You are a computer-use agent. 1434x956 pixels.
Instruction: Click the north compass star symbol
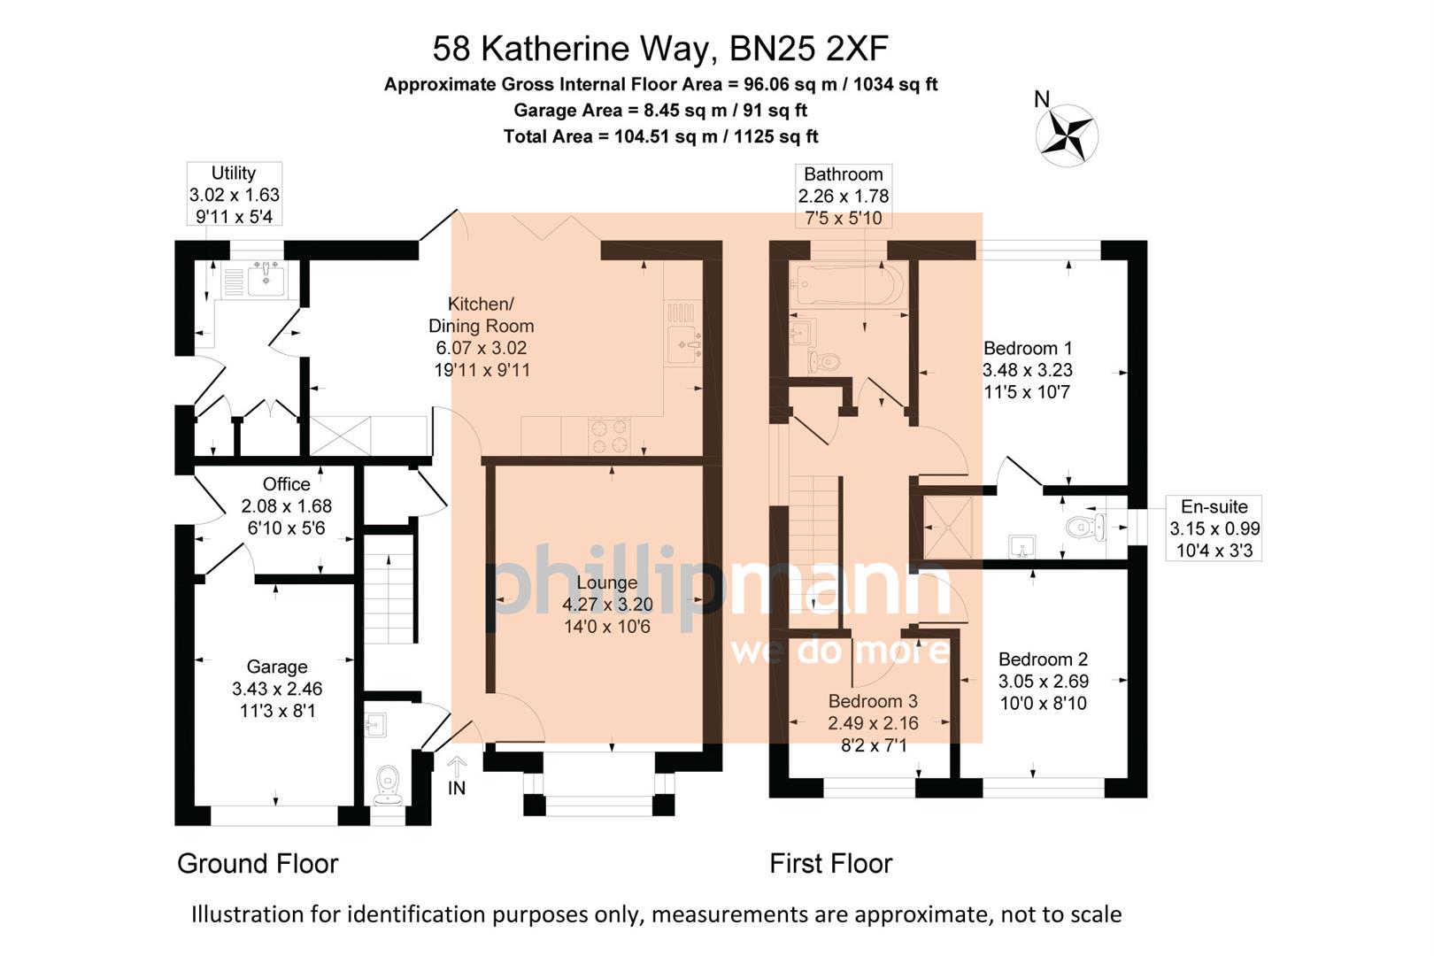pos(1066,135)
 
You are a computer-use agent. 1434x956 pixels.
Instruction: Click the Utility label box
pos(234,195)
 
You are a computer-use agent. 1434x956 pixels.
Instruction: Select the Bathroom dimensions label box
pos(844,196)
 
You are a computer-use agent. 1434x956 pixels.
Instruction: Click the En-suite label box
pos(1214,528)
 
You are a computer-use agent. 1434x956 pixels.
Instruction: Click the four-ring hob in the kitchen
pos(610,435)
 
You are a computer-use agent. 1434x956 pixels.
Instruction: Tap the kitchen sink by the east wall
pos(684,341)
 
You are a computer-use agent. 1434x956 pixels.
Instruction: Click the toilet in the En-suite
pos(1085,528)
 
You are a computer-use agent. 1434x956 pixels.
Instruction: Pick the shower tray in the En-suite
pos(947,527)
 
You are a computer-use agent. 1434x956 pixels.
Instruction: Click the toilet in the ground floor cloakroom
pos(388,784)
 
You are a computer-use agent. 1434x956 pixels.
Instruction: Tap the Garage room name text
pos(277,667)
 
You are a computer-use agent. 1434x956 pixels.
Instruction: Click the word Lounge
pos(606,582)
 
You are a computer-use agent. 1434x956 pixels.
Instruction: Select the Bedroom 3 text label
pos(872,701)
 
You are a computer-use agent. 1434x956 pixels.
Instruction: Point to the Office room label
pos(286,484)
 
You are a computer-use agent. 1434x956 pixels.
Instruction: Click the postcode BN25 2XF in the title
pos(808,49)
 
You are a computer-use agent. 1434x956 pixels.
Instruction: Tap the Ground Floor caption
pos(258,863)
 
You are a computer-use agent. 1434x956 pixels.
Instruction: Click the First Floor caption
pos(830,863)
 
